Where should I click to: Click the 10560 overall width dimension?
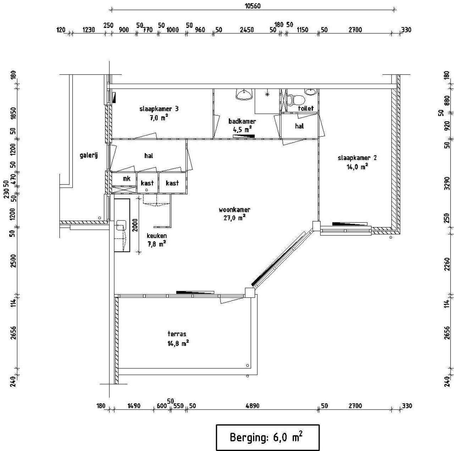click(x=253, y=6)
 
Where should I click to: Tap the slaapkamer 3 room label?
click(x=159, y=109)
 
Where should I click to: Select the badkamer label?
click(x=242, y=121)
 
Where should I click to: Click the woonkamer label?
click(x=234, y=210)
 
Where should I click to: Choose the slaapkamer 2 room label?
click(x=357, y=158)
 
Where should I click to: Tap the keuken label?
click(x=157, y=236)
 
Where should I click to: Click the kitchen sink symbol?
click(x=122, y=225)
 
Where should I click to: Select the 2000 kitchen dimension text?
click(x=135, y=225)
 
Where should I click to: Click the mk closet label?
click(x=127, y=179)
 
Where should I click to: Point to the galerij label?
click(x=89, y=156)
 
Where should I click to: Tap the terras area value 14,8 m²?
click(x=178, y=344)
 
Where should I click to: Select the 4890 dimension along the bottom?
click(x=252, y=406)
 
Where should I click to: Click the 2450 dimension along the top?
click(x=247, y=30)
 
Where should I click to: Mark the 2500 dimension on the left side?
click(x=14, y=261)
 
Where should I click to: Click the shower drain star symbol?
click(x=267, y=94)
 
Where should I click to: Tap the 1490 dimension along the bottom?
click(x=134, y=406)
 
